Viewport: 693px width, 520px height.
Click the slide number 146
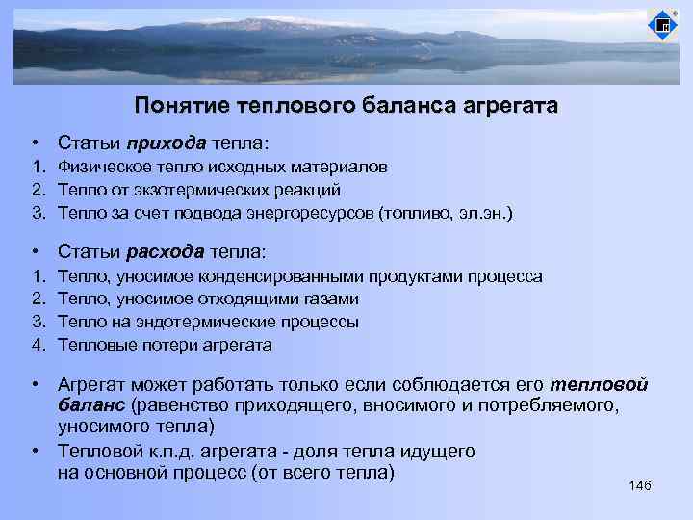640,484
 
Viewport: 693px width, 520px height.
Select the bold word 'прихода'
166,143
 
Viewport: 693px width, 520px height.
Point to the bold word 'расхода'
166,252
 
